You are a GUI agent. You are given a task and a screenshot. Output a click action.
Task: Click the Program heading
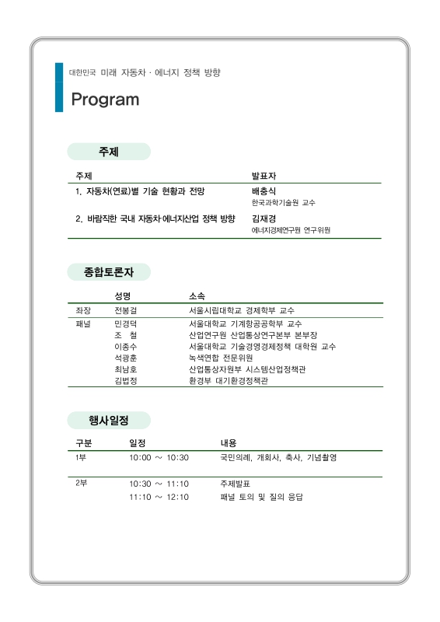105,100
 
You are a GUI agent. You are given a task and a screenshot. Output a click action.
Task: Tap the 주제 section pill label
108,152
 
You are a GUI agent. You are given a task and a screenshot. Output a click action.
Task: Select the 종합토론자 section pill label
108,272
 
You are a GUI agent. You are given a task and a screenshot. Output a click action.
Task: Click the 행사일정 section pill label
108,421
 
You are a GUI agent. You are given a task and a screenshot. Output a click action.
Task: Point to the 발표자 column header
264,176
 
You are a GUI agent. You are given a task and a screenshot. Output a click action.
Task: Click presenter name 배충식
264,190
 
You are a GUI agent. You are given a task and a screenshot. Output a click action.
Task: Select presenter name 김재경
264,218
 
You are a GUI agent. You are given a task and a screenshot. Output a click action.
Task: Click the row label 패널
83,323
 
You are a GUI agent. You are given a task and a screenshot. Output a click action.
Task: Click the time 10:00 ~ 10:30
159,458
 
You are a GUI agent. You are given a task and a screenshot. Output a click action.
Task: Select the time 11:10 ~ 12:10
159,496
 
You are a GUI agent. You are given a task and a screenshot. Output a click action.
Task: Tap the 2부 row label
81,484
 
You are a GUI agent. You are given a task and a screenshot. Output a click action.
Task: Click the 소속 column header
197,296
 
